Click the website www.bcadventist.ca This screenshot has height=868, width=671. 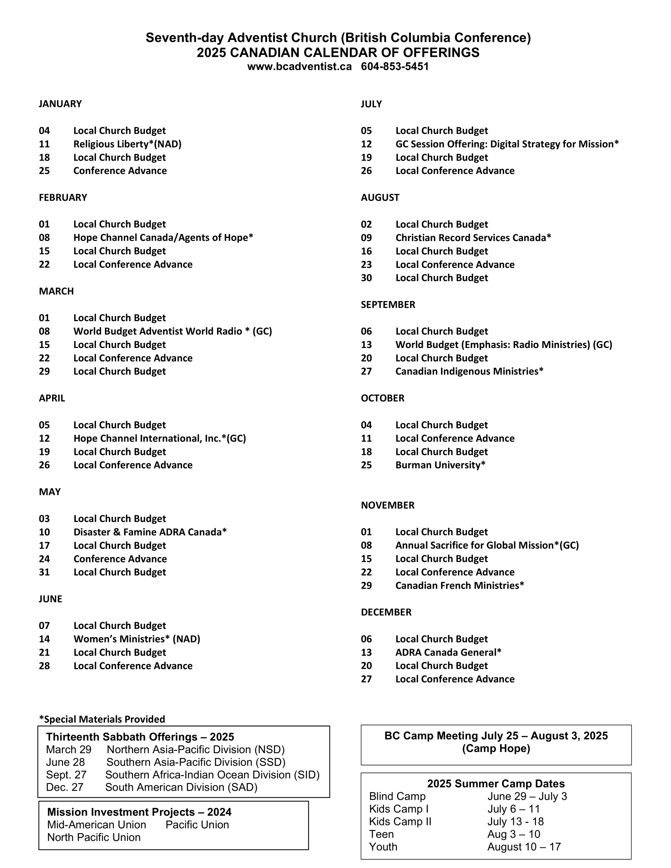[x=299, y=66]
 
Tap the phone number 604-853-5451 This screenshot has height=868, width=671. [x=395, y=66]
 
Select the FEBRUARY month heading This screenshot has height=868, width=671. [x=63, y=198]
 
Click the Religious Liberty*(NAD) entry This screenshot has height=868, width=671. [x=127, y=144]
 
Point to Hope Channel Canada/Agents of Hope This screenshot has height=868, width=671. [x=163, y=238]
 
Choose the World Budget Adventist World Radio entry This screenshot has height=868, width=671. [x=172, y=331]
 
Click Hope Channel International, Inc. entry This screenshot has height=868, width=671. [x=159, y=438]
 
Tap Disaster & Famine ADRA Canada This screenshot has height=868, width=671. [x=150, y=532]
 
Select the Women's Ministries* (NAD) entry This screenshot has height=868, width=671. [x=137, y=639]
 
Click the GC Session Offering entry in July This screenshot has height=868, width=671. [x=507, y=144]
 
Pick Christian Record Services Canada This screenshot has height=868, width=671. [x=473, y=238]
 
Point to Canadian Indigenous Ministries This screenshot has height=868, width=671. [x=469, y=371]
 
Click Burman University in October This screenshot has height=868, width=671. [x=440, y=465]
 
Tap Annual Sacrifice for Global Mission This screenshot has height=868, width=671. [x=487, y=545]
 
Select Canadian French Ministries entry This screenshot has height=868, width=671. [x=459, y=586]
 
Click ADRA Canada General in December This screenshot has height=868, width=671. [x=448, y=652]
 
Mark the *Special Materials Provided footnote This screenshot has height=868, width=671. [x=102, y=719]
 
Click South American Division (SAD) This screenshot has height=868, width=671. [x=181, y=787]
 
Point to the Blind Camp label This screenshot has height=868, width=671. [x=397, y=796]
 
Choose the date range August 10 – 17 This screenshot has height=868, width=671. [x=524, y=847]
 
